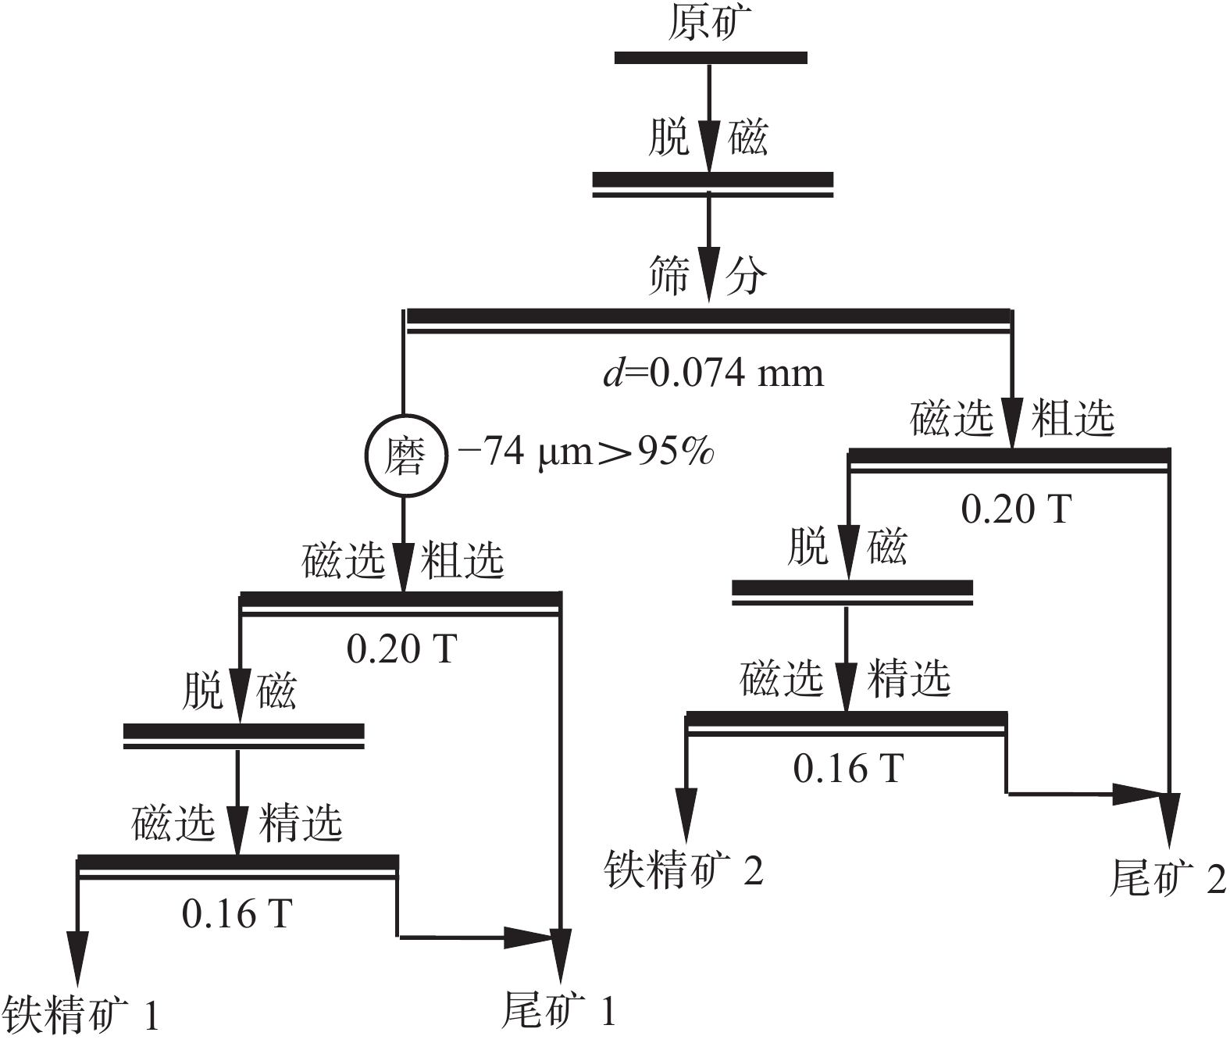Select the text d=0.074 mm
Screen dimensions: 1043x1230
click(x=713, y=373)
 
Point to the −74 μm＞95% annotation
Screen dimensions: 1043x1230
click(x=585, y=452)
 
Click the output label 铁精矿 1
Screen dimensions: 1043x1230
click(x=81, y=1014)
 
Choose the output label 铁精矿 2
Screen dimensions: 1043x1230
click(x=684, y=869)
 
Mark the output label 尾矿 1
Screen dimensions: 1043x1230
click(x=558, y=1010)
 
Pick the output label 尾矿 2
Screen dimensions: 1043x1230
click(x=1168, y=877)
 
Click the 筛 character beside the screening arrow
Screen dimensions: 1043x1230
click(x=669, y=276)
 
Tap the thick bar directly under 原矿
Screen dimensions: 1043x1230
click(x=710, y=57)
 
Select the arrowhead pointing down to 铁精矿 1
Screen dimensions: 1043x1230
click(x=77, y=958)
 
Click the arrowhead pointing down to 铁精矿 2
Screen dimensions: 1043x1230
click(x=686, y=813)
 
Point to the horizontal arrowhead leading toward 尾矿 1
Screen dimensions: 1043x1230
click(x=528, y=937)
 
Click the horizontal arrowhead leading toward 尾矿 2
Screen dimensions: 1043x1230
click(x=1137, y=794)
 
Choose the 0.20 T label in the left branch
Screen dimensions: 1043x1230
click(x=401, y=648)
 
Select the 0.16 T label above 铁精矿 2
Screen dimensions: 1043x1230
click(x=848, y=768)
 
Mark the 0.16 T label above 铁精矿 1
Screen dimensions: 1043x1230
click(x=237, y=913)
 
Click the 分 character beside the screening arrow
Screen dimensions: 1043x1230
click(x=746, y=276)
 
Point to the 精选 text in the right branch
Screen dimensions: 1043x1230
click(x=909, y=677)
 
